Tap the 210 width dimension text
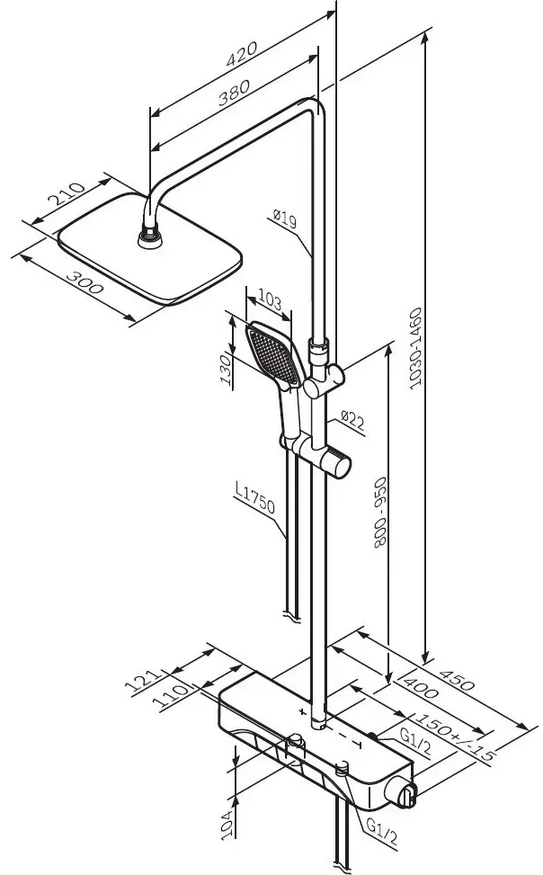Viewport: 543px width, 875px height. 67,199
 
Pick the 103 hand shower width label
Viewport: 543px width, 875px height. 271,296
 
